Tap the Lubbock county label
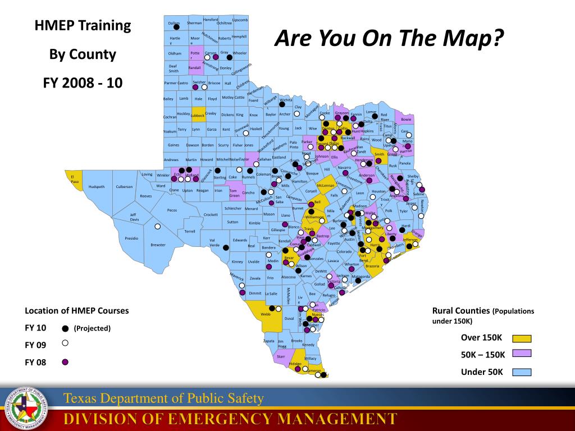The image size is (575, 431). click(x=198, y=116)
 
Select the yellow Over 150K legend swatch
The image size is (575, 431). click(x=522, y=338)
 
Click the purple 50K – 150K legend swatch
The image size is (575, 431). click(x=522, y=354)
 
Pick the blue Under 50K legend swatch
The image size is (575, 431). click(x=522, y=372)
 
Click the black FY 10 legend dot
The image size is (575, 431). click(x=65, y=329)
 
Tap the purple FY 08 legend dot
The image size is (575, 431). click(x=65, y=362)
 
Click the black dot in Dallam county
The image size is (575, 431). click(x=176, y=27)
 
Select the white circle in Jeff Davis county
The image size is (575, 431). click(x=158, y=226)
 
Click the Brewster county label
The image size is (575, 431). click(x=158, y=245)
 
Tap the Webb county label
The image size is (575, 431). click(x=266, y=314)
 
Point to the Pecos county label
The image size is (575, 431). click(x=172, y=210)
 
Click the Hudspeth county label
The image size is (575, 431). click(x=97, y=187)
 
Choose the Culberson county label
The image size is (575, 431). click(x=124, y=187)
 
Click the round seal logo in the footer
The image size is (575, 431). click(x=24, y=409)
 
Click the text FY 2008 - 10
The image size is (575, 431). click(x=83, y=83)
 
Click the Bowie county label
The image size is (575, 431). click(x=406, y=119)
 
